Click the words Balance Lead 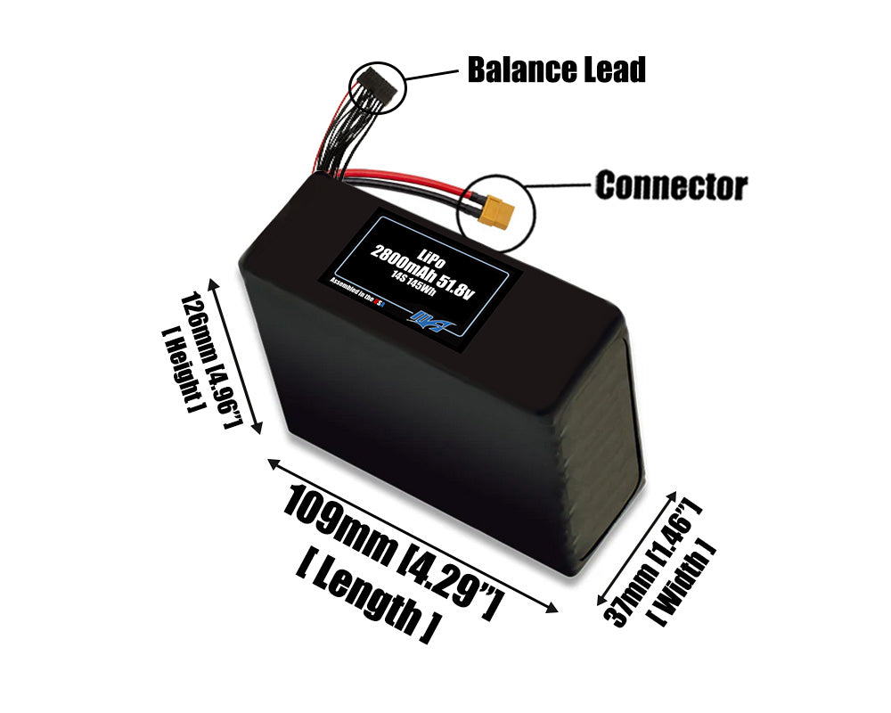pyautogui.click(x=556, y=69)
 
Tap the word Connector pyautogui.click(x=671, y=186)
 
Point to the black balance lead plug pyautogui.click(x=376, y=86)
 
